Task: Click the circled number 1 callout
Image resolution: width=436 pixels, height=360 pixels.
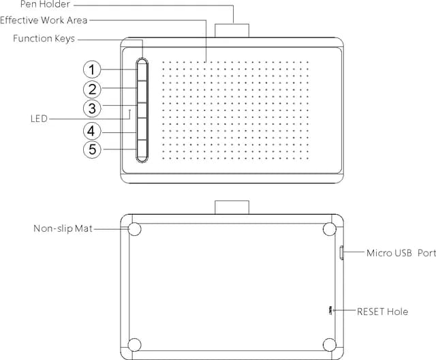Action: [x=92, y=69]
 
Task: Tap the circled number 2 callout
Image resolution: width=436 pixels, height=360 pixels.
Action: [x=92, y=89]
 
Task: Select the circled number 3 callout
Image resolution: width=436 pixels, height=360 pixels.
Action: [x=92, y=108]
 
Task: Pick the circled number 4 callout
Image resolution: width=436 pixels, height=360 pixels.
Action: [x=92, y=130]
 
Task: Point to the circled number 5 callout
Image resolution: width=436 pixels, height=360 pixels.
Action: [x=92, y=149]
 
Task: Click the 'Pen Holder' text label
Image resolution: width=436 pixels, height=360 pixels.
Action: [x=44, y=5]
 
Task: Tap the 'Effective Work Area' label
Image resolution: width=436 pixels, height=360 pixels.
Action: [x=44, y=20]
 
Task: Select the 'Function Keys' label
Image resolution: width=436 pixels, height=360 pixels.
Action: [x=44, y=38]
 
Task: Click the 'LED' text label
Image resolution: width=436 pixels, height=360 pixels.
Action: [x=39, y=119]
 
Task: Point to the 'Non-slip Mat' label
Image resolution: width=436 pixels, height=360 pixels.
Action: [x=63, y=228]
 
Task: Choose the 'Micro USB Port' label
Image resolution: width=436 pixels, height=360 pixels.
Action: [x=401, y=253]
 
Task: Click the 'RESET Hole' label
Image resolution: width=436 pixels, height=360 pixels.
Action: [x=383, y=312]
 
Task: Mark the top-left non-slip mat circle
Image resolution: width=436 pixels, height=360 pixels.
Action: [x=134, y=229]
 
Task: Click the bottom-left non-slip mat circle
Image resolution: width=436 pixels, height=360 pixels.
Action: [x=134, y=344]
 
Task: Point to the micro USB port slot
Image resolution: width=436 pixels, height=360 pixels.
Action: [x=340, y=254]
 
